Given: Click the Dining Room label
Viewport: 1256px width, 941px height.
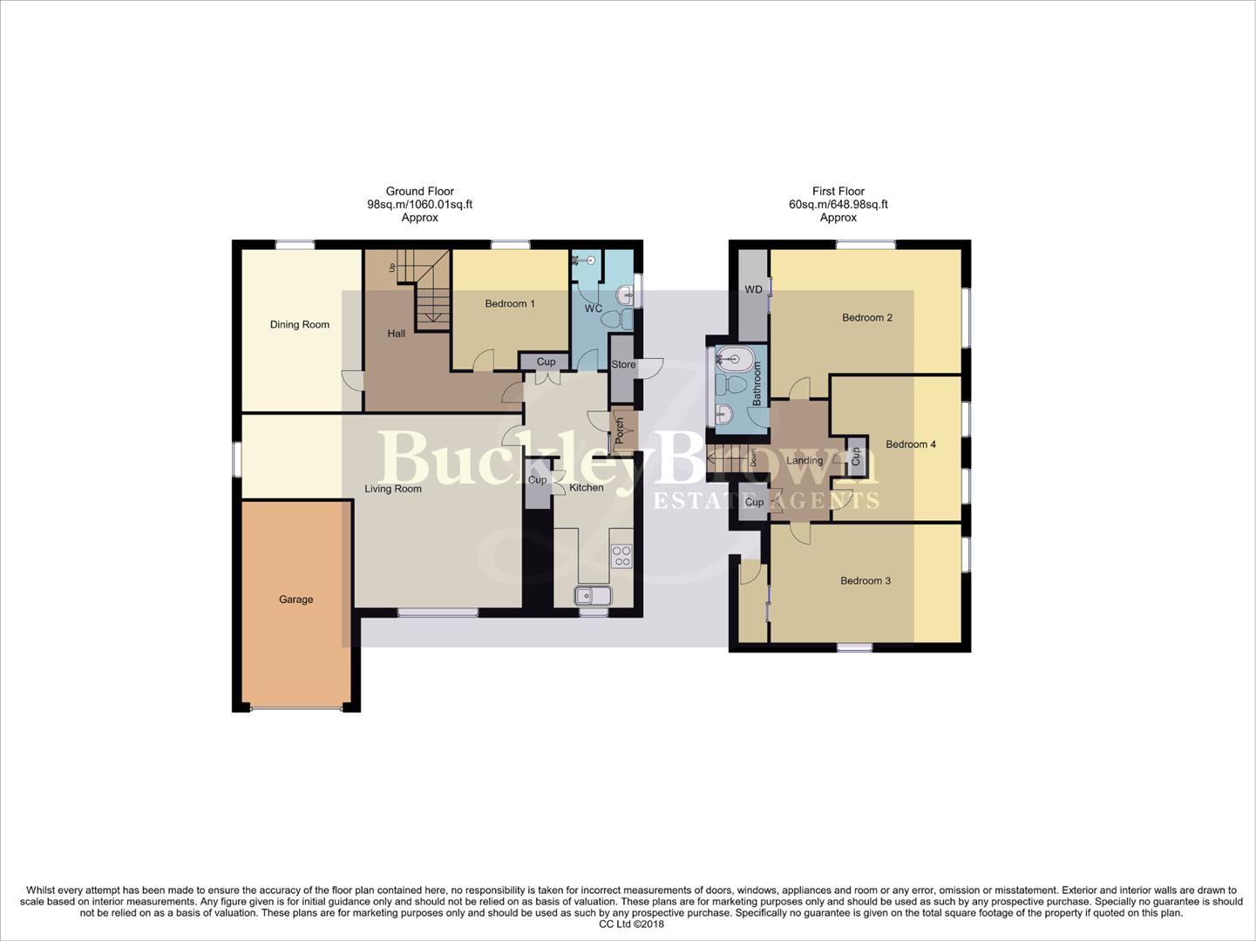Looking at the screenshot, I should pos(299,325).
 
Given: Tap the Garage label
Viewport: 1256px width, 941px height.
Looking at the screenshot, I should pos(295,599).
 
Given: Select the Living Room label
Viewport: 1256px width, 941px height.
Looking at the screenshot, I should pos(392,489).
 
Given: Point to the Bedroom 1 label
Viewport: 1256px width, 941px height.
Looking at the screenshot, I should pos(510,304).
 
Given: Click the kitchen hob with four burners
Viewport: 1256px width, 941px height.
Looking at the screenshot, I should pos(621,556).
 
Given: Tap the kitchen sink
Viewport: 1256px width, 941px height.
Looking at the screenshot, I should pos(593,596).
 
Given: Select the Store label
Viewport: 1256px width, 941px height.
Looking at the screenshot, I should pos(623,365).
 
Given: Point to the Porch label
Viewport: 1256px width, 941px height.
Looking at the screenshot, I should pos(620,430).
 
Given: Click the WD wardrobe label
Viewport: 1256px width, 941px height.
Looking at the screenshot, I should pos(753,290).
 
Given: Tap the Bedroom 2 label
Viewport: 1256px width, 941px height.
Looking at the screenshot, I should pos(866,318).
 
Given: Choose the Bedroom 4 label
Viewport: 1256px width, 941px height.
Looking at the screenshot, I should pos(910,444).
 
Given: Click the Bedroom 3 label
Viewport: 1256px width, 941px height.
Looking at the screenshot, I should pos(865,581).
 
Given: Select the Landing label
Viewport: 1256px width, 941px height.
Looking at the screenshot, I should pos(804,461).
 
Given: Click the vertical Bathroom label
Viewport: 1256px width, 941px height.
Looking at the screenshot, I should pos(757,384).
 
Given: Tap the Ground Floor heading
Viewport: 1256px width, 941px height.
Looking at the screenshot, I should pos(419,192).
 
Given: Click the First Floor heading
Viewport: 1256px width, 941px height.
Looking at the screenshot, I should pos(838,192).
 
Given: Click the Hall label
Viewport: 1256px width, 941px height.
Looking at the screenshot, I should pos(396,334).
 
